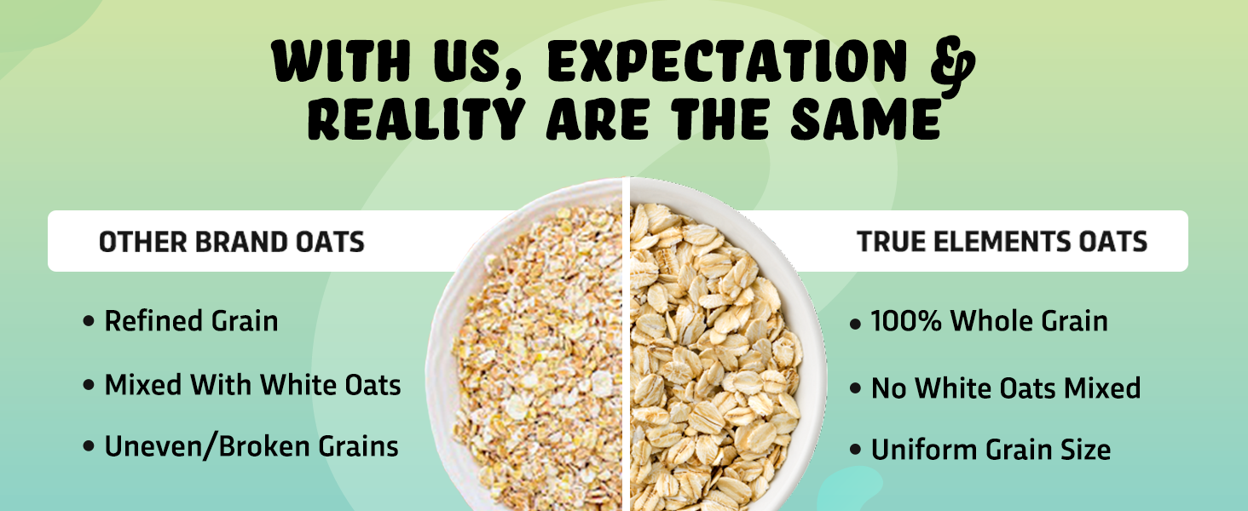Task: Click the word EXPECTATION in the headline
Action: point(726,61)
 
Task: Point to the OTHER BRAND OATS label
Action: point(231,242)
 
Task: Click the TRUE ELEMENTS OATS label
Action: point(1002,242)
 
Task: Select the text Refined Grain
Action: point(191,321)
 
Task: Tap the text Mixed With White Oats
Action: point(252,385)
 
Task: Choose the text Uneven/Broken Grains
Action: point(251,446)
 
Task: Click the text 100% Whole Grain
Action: point(989,321)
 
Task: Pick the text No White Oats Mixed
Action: point(1005,388)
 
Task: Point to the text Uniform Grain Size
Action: point(991,450)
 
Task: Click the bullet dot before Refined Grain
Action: point(89,323)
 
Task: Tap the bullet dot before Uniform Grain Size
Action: point(855,451)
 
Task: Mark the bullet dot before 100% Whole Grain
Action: point(855,324)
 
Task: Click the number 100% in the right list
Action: point(906,321)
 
